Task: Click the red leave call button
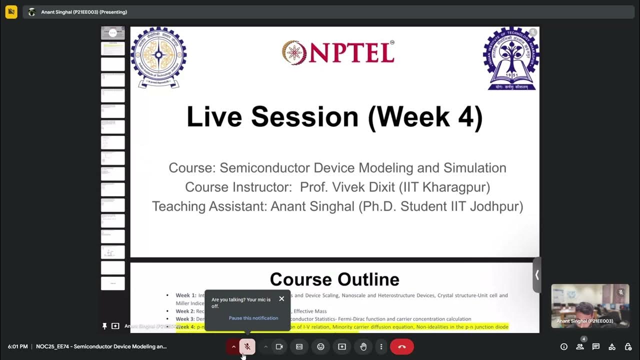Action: pos(401,346)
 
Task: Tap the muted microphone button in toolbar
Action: pos(247,346)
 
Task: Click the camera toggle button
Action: pos(279,346)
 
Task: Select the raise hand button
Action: pos(363,346)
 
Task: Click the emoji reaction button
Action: pos(320,346)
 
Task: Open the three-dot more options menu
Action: pos(381,346)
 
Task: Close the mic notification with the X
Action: pos(281,299)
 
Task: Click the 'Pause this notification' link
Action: pos(253,318)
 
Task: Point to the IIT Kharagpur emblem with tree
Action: pos(511,58)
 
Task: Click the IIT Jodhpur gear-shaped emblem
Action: pos(158,57)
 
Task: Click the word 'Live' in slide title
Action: pos(214,117)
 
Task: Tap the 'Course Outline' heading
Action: pos(334,279)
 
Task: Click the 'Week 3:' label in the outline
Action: pos(185,319)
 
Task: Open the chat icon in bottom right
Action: pos(595,346)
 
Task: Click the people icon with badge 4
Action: pos(580,346)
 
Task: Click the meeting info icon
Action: pos(564,346)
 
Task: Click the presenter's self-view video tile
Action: pos(590,306)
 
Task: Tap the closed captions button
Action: pos(299,346)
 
